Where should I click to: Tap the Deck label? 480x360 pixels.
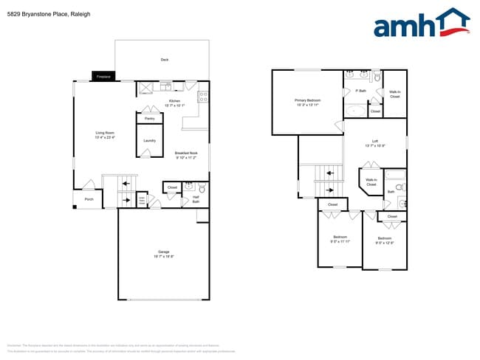(x=165, y=60)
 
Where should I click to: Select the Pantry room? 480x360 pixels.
(x=150, y=117)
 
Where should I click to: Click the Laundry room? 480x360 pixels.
(x=150, y=140)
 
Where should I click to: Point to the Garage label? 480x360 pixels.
(x=163, y=253)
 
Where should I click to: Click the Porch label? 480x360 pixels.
(x=89, y=198)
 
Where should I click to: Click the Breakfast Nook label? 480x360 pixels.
(x=187, y=155)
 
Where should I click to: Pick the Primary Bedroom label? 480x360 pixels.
(x=308, y=102)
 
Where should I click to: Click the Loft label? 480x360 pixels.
(x=375, y=143)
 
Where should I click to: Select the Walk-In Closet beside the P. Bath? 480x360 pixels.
(x=395, y=94)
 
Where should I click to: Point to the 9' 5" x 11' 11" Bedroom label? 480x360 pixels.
(x=340, y=239)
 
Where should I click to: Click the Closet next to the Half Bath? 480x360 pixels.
(x=173, y=187)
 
